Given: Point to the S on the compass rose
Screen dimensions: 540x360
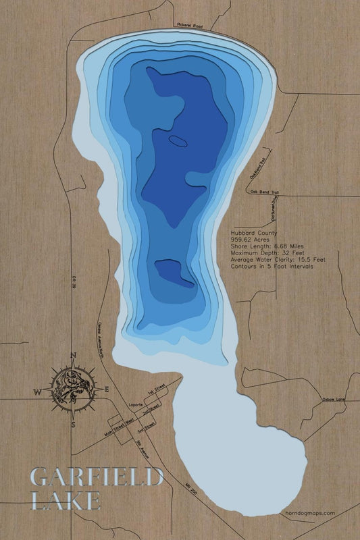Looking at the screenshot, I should tap(73, 425).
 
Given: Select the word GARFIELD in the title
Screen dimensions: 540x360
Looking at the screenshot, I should tap(97, 478).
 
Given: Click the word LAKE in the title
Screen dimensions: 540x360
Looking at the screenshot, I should tap(66, 500).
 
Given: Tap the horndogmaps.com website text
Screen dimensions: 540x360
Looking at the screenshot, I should tap(310, 513).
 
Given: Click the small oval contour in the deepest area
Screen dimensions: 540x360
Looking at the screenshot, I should tap(179, 140).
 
